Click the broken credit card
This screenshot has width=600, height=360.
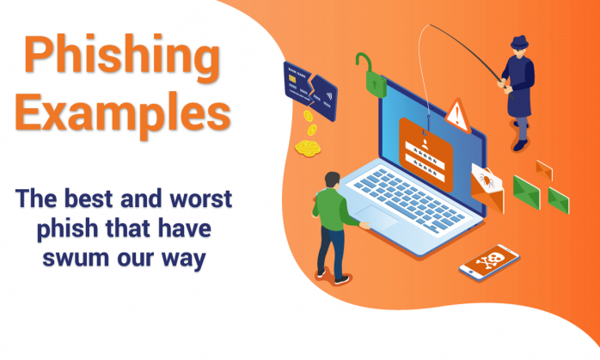[x=309, y=85]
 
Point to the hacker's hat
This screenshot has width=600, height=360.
[x=518, y=42]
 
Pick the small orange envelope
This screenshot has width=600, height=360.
[x=543, y=168]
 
